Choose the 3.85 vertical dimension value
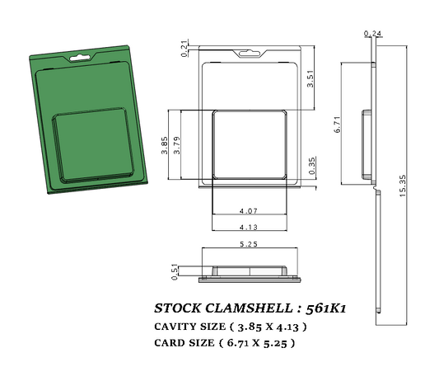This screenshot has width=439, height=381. click(165, 147)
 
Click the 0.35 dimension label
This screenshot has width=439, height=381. click(311, 166)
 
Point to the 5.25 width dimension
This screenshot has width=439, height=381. click(248, 245)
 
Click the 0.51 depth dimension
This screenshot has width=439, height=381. click(174, 271)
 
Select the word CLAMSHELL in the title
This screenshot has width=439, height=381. click(250, 308)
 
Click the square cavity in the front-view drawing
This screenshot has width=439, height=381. click(249, 145)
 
